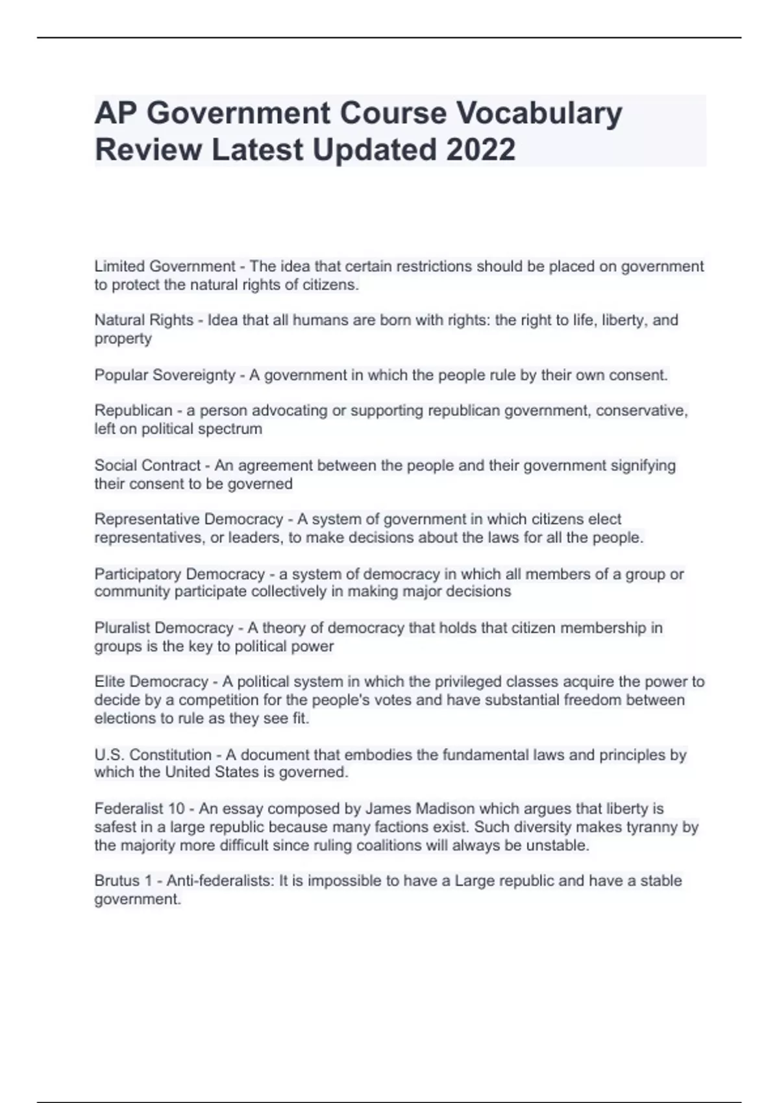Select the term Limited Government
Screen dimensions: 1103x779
pos(165,267)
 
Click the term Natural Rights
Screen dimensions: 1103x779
pos(144,321)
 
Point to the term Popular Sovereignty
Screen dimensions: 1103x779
pos(165,376)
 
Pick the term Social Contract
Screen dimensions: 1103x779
pos(147,466)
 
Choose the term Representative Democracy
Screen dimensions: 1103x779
pos(189,520)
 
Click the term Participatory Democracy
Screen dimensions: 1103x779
pos(180,574)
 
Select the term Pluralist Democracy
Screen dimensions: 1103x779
pos(164,628)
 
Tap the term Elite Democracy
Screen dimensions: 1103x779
pos(151,682)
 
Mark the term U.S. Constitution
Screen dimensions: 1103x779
pos(153,755)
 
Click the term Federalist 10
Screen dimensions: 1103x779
pos(140,809)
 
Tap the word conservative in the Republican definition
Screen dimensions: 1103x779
pos(641,411)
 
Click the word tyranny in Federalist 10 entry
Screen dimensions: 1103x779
pos(654,827)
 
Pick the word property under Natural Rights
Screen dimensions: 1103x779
pos(123,339)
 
